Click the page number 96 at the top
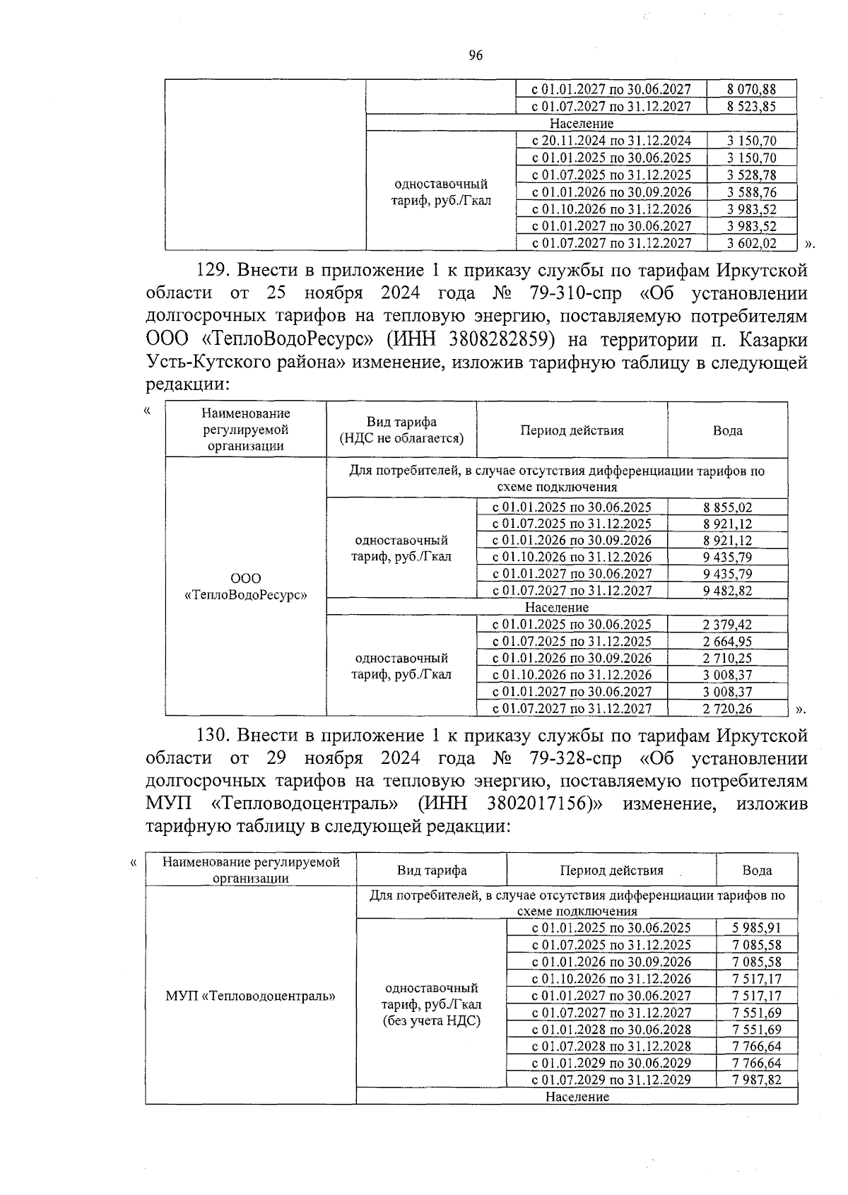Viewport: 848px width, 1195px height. pos(475,56)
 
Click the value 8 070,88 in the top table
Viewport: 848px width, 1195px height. pos(751,89)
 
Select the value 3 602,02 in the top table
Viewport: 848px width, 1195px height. pos(751,243)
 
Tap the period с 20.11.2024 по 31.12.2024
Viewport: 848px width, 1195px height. pos(611,141)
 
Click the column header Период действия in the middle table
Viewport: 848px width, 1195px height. pos(572,430)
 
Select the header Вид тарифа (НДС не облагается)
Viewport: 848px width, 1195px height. pos(401,430)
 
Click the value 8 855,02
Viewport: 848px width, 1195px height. pos(727,507)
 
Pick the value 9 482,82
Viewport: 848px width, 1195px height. pos(727,591)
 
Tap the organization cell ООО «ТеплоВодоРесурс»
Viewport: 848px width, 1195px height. pos(245,587)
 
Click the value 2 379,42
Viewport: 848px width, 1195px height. pos(727,624)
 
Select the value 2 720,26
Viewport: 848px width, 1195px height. pos(727,708)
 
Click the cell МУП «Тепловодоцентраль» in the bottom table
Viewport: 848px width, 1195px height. pos(250,996)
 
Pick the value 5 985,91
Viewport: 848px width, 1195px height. pos(756,928)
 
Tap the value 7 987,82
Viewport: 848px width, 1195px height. pos(756,1080)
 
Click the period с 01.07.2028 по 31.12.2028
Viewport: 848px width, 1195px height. pos(611,1046)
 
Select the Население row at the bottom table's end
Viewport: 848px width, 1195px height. pos(577,1097)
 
